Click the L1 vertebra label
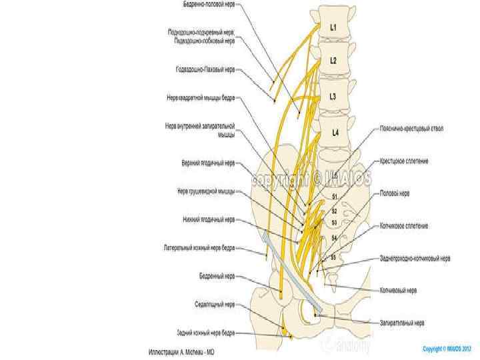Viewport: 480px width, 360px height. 334,27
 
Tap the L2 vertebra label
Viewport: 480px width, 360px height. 334,59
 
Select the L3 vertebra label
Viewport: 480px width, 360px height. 334,97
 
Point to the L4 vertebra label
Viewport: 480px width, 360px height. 335,133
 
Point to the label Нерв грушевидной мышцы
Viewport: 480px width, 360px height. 206,191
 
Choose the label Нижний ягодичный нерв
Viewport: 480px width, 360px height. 209,219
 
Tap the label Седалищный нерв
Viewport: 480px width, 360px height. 215,304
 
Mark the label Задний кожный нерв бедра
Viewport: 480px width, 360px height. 205,332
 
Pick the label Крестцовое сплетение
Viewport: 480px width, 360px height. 404,161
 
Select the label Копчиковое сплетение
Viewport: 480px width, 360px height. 404,226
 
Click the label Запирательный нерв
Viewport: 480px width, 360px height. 402,323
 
